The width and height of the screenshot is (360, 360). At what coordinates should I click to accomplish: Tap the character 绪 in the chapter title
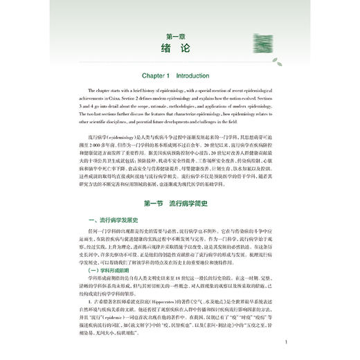coord(170,51)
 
